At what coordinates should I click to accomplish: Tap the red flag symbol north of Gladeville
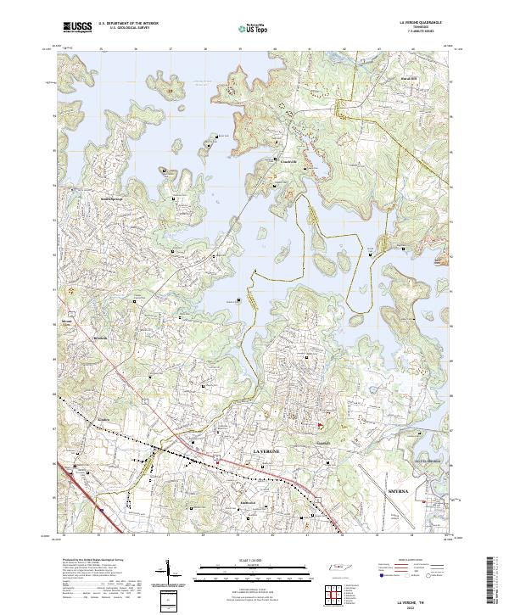pyautogui.click(x=319, y=426)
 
